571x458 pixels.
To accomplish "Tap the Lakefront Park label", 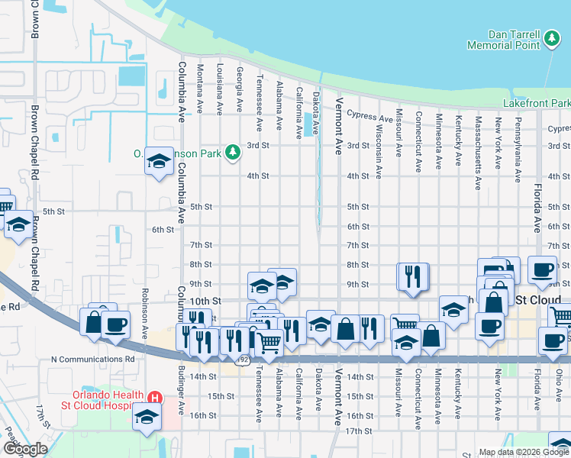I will coord(537,103).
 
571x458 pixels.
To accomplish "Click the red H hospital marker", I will coord(155,398).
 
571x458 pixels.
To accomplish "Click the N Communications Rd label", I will coord(92,358).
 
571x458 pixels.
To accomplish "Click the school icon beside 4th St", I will coord(160,162).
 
